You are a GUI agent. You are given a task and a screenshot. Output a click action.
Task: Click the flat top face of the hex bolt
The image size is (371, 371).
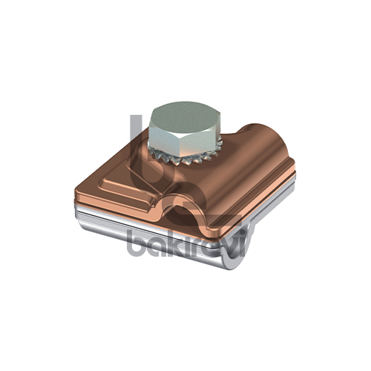pos(181,116)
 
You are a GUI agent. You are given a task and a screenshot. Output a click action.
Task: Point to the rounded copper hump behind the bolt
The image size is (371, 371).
pos(262,141)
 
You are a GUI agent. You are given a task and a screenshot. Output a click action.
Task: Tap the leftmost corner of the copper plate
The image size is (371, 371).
pos(75,191)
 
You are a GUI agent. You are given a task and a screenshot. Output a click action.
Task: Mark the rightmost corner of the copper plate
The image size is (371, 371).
pos(295,165)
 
